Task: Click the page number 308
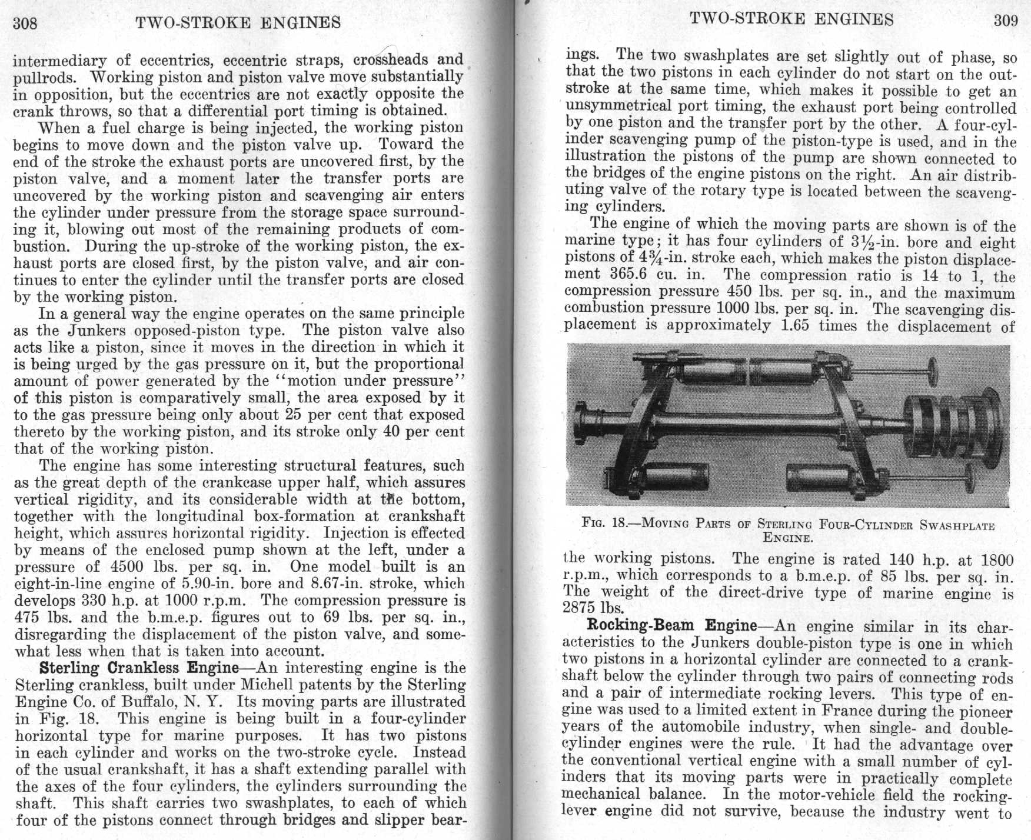pos(25,23)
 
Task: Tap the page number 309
pos(1006,21)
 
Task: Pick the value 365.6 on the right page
pos(637,275)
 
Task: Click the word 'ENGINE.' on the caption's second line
pos(788,537)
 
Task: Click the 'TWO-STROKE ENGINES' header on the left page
pos(238,22)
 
